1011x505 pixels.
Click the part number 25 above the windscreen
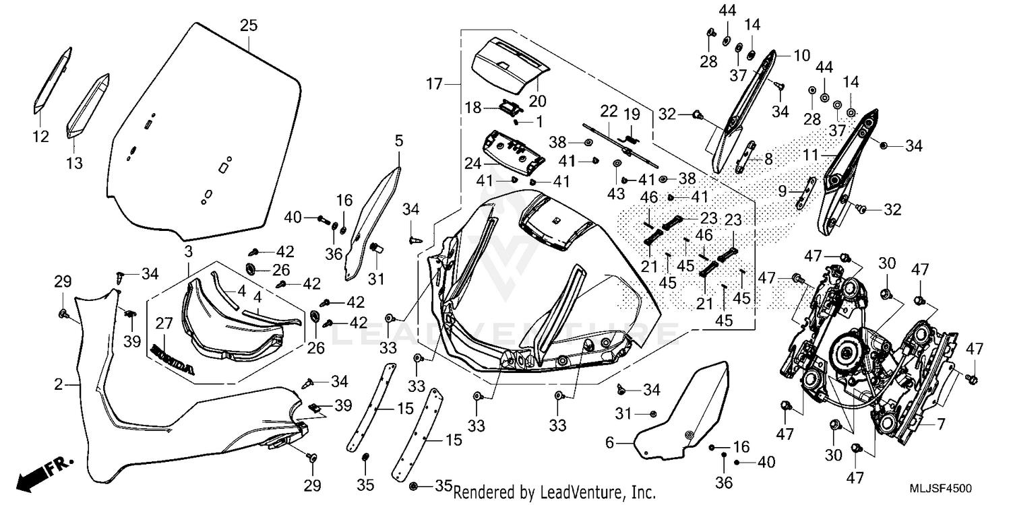click(x=249, y=26)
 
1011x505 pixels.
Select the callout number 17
click(x=434, y=84)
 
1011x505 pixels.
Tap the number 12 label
click(x=40, y=137)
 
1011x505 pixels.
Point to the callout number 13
click(x=74, y=162)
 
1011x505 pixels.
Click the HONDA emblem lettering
click(x=173, y=361)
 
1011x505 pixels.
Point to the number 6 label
click(x=609, y=442)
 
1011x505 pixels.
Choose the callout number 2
click(x=59, y=385)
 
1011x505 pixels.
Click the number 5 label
click(x=399, y=141)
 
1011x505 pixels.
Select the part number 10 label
click(x=801, y=55)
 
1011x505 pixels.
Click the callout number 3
click(x=189, y=250)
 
